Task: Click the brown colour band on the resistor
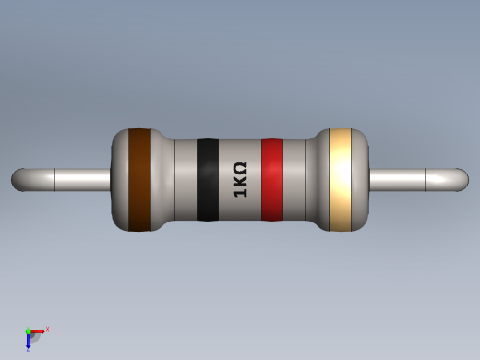coord(139,179)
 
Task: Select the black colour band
coord(208,180)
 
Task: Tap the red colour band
coord(271,180)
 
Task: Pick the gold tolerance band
coord(341,179)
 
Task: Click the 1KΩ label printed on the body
coord(239,180)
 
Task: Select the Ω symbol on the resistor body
coord(239,168)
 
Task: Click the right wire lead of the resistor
coord(415,179)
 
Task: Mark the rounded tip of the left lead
coord(18,179)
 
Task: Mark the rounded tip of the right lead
coord(462,179)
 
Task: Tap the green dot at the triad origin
coord(28,331)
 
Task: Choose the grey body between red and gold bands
coord(305,180)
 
